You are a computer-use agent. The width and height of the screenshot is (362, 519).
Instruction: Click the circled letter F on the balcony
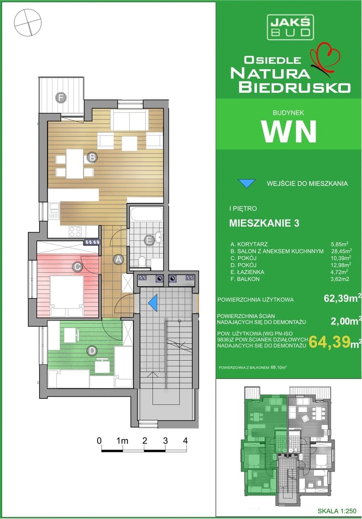[61, 98]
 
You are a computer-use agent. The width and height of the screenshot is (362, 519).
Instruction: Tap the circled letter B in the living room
[92, 158]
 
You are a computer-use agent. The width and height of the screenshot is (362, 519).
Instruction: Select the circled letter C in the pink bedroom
[77, 266]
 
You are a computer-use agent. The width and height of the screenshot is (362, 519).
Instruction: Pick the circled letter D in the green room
[92, 351]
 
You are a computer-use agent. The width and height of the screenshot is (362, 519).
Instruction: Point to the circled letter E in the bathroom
[150, 241]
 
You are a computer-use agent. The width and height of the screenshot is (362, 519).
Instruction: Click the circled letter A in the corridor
[118, 259]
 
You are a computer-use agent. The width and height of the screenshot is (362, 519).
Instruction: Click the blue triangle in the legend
[247, 184]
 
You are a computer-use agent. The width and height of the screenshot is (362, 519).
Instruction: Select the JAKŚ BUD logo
[290, 27]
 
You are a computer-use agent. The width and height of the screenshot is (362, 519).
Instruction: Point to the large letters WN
[288, 131]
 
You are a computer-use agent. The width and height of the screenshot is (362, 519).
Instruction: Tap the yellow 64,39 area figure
[329, 342]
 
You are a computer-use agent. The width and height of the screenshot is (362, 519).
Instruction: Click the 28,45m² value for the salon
[341, 251]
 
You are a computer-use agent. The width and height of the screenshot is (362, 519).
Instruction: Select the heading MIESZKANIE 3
[264, 223]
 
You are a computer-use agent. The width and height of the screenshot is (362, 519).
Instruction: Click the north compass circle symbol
[28, 22]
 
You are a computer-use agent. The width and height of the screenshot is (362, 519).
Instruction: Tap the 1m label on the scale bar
[122, 441]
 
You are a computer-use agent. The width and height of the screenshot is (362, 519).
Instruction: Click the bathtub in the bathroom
[146, 214]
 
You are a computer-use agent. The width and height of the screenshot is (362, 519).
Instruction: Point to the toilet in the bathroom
[142, 261]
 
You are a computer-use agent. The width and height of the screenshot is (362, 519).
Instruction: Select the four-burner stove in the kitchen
[75, 231]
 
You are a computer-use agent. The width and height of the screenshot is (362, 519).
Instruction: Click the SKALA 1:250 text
[337, 511]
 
